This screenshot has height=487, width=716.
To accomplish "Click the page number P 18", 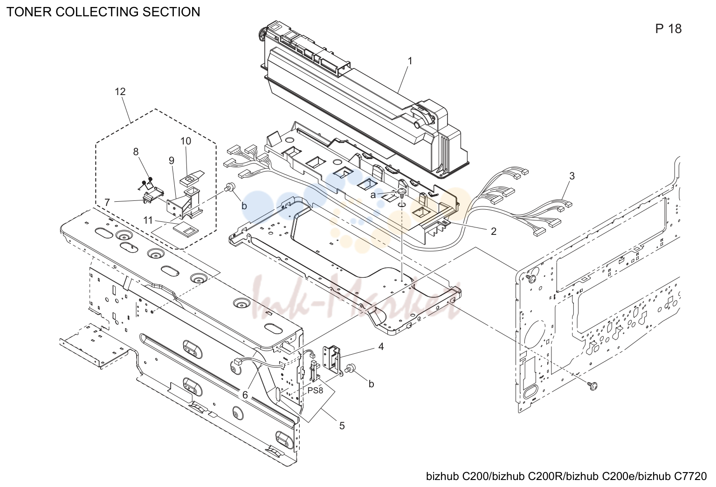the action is pos(668,29).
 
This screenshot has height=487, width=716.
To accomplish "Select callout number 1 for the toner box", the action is pos(410,61).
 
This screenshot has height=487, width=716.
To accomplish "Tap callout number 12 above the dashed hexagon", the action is pos(120,92).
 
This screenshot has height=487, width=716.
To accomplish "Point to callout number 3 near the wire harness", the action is pos(572,176).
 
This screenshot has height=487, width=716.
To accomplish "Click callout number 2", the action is pos(494,231).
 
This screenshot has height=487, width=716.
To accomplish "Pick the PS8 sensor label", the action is pos(316,391).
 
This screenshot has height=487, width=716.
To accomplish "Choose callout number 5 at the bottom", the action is pos(342,425).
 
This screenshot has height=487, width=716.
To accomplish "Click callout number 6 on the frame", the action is pos(245,395).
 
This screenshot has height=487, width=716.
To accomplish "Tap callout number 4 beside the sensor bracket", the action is pos(381,346).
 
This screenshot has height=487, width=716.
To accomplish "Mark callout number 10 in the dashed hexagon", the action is pos(186,141).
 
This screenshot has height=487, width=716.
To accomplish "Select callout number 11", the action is pos(148,220).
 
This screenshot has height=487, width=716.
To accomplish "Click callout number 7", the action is pos(107,202).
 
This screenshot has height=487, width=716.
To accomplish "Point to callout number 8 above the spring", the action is pos(136,151).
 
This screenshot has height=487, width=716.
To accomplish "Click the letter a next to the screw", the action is pos(373,195).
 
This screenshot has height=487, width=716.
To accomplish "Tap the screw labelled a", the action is pos(402,192).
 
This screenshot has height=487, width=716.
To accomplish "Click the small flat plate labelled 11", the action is pos(186,229).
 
